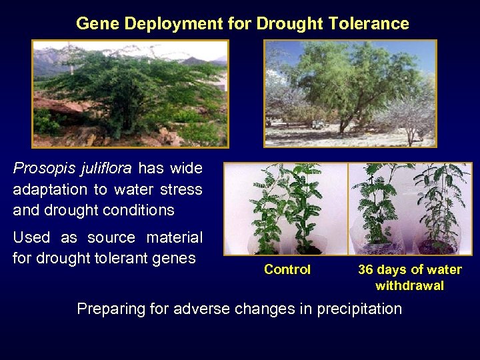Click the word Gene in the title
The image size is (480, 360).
(94, 24)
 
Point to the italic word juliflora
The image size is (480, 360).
(102, 169)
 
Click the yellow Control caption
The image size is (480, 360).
(287, 270)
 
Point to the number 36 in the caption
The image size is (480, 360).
(366, 270)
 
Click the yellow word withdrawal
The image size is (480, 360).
(409, 286)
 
